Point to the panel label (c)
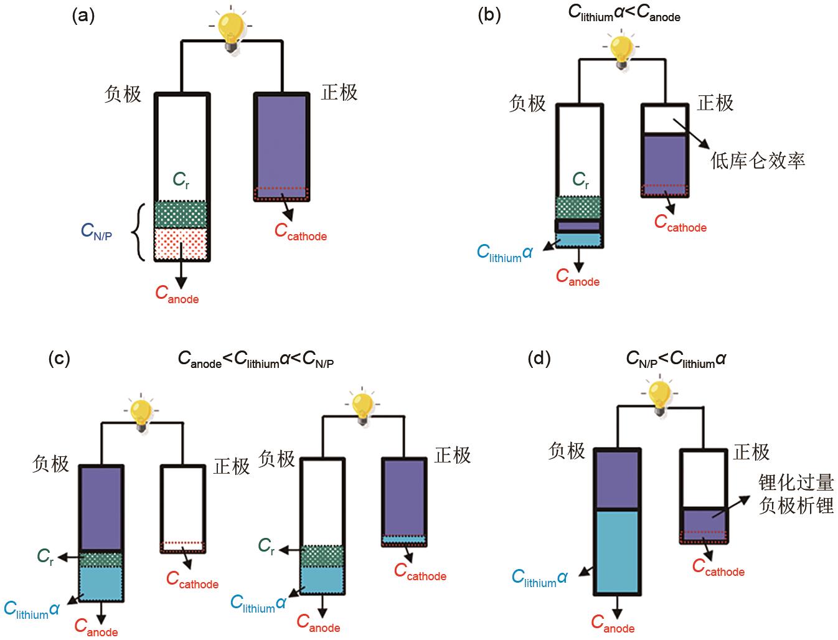59,359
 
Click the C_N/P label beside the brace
97,232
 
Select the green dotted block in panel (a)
181,214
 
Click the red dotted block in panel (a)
181,243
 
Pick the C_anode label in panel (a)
177,294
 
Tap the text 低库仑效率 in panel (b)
758,161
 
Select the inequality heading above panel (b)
624,14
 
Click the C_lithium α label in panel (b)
505,253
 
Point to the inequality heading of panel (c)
256,359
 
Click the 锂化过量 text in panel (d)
796,482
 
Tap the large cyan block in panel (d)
617,551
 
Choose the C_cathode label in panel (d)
718,567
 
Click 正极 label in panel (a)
339,93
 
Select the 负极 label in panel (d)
567,450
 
